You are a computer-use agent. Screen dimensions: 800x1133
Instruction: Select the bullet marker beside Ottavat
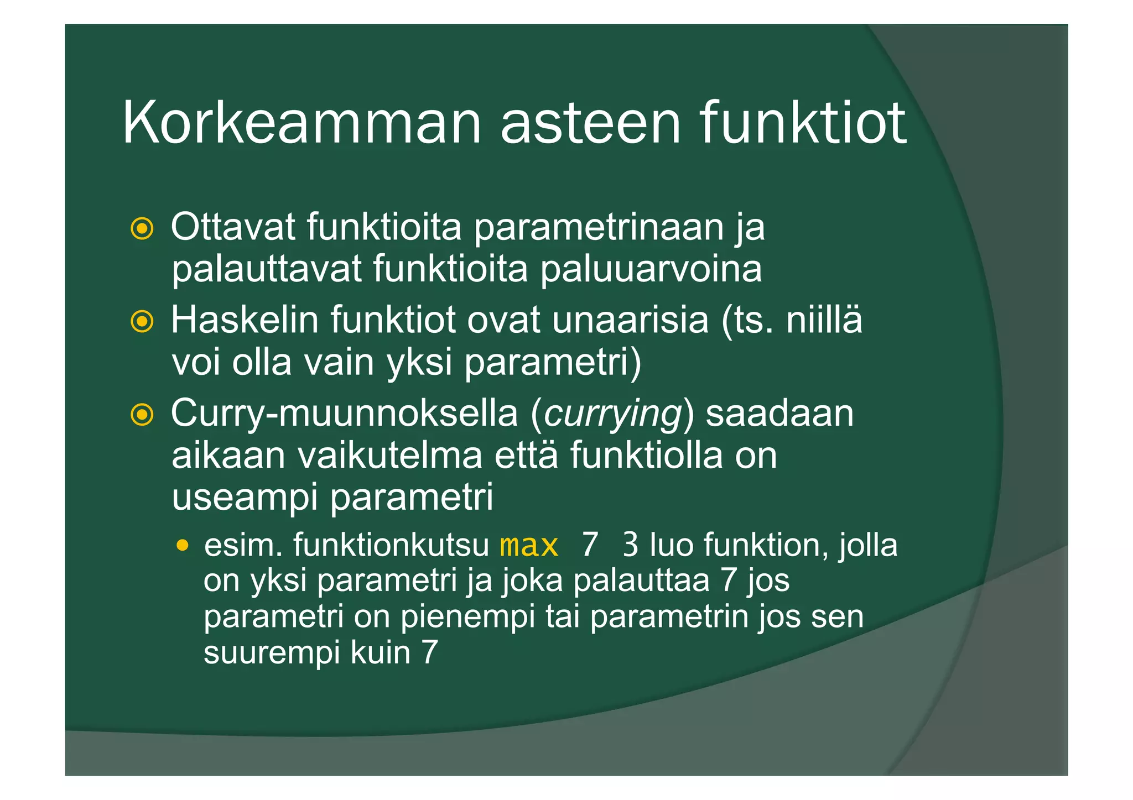(x=142, y=228)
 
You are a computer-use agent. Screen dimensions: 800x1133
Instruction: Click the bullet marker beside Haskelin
(x=142, y=321)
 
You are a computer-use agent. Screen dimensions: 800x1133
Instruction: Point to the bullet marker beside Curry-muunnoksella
(x=142, y=415)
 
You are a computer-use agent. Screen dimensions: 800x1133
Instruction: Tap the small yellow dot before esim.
(x=183, y=546)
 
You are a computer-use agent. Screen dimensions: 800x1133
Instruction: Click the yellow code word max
(x=528, y=546)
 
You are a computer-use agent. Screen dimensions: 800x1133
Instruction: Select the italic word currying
(x=612, y=415)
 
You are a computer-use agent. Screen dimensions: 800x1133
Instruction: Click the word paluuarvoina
(x=651, y=269)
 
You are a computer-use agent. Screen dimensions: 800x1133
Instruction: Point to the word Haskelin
(x=245, y=320)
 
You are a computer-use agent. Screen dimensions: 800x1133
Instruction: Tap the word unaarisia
(x=630, y=320)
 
